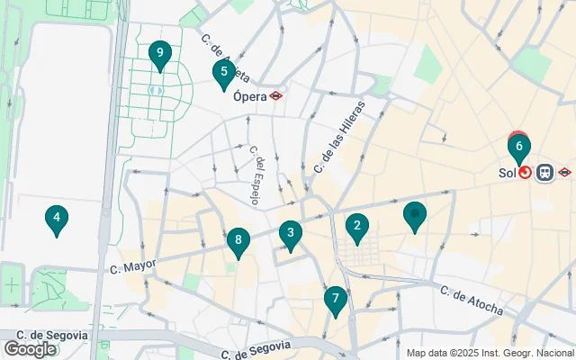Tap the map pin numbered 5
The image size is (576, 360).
point(223,73)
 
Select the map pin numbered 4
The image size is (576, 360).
point(56,219)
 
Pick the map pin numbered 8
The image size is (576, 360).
point(238,241)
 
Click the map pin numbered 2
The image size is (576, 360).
point(357,228)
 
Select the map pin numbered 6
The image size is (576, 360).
point(519,147)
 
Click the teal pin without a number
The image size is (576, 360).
point(414,216)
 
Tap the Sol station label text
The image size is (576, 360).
point(507,172)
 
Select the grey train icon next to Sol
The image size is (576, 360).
point(544,172)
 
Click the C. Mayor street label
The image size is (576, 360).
point(133,265)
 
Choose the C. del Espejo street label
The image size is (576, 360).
point(254,175)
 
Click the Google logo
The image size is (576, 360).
point(30,348)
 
